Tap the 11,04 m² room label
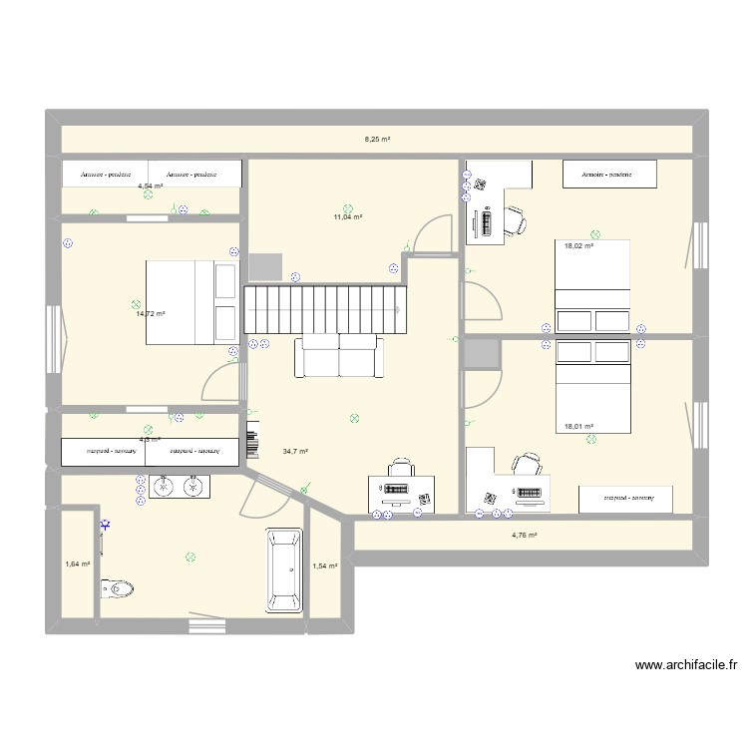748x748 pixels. pyautogui.click(x=347, y=216)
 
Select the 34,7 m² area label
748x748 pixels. pyautogui.click(x=295, y=451)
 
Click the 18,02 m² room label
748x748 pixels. pyautogui.click(x=579, y=245)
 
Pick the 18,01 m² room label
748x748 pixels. pyautogui.click(x=579, y=426)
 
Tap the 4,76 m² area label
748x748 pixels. pyautogui.click(x=525, y=536)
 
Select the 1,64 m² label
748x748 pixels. pyautogui.click(x=78, y=563)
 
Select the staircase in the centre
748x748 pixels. pyautogui.click(x=326, y=310)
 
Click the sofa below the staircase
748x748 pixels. pyautogui.click(x=339, y=356)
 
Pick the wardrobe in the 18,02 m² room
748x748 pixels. pyautogui.click(x=610, y=174)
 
